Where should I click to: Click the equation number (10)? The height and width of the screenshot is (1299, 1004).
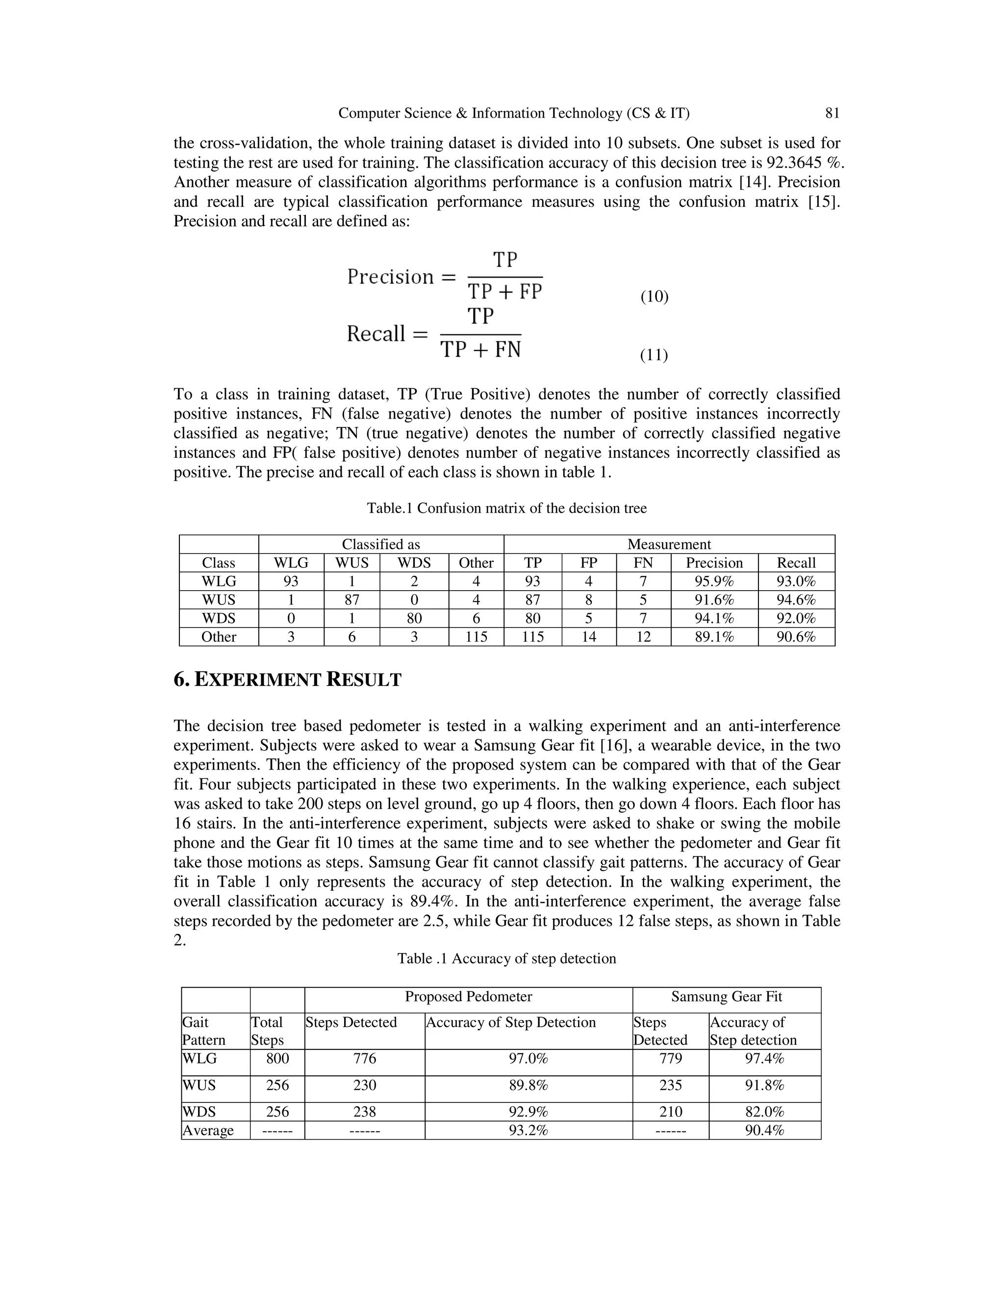(654, 297)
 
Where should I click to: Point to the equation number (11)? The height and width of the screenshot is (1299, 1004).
(653, 355)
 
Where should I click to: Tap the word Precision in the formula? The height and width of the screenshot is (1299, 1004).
(391, 277)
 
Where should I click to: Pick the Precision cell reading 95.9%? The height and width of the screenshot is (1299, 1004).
(714, 581)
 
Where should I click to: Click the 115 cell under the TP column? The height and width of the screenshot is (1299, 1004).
(532, 637)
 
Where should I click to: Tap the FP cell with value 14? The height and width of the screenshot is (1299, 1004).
(588, 637)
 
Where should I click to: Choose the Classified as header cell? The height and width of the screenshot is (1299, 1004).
(380, 544)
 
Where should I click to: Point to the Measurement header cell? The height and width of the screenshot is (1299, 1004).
(669, 544)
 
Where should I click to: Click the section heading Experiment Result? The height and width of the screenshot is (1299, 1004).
(287, 679)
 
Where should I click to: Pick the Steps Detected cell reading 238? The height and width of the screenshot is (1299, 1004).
(365, 1112)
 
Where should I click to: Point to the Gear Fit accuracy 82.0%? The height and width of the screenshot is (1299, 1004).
(764, 1112)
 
